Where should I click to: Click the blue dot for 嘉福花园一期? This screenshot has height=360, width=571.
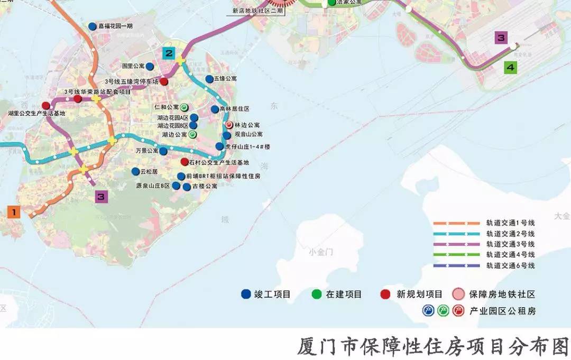pos(93,26)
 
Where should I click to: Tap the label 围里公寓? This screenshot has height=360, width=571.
pos(133,67)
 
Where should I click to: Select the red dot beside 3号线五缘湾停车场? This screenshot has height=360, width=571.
pos(164,81)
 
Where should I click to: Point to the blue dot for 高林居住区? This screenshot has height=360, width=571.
pos(214,109)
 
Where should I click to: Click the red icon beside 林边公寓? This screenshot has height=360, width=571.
pos(228,125)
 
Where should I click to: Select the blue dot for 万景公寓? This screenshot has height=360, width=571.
pos(163,151)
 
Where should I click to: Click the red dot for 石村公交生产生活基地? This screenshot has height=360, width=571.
pos(184,162)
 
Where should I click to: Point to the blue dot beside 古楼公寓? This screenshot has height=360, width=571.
pos(186,187)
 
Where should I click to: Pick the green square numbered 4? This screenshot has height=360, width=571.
pos(510,67)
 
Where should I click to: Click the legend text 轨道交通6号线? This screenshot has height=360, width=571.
pos(510,265)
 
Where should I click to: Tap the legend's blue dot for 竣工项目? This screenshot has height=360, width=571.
pos(245,294)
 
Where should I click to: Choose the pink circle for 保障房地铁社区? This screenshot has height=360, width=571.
pos(458,294)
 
